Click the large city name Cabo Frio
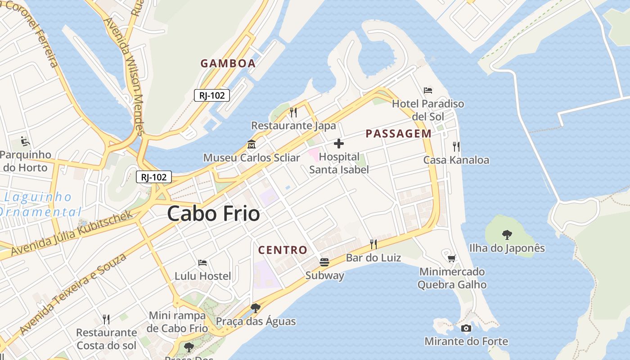(213, 214)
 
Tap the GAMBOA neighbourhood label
(228, 63)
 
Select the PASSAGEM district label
(398, 134)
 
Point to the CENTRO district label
(283, 250)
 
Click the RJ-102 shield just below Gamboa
(212, 95)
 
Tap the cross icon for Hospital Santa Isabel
(339, 144)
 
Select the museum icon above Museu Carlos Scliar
(251, 145)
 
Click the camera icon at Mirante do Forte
(466, 328)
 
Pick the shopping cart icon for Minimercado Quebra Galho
(452, 258)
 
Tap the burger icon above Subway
(324, 262)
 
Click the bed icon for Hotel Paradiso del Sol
(428, 90)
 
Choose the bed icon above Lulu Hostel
(202, 263)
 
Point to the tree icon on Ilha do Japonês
(507, 234)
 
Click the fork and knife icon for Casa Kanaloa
(456, 146)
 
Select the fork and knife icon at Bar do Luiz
(373, 244)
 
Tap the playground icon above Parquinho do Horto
(25, 141)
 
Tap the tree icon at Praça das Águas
(256, 308)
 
